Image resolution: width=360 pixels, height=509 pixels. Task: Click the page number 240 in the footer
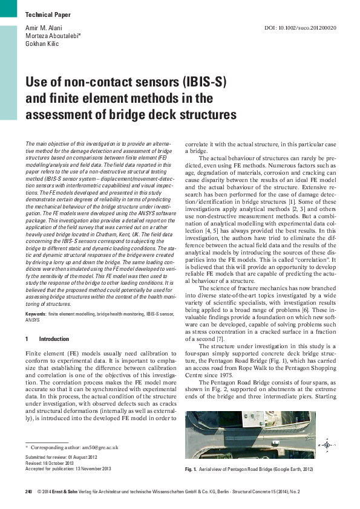[28, 492]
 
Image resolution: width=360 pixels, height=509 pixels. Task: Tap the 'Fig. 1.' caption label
[192, 469]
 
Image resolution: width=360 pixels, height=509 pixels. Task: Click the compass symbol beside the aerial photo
[326, 445]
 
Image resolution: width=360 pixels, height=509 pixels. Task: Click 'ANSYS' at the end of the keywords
[32, 320]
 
